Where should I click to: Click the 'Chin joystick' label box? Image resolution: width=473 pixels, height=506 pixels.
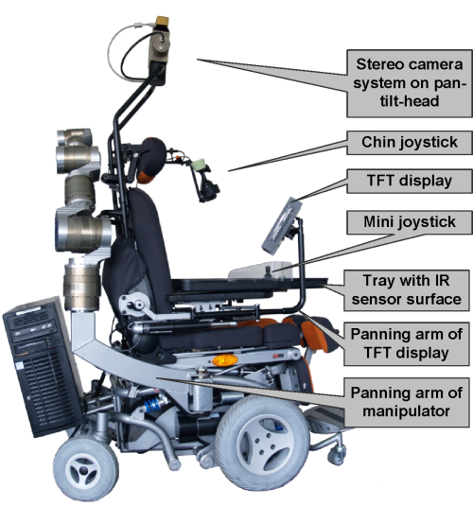click(410, 142)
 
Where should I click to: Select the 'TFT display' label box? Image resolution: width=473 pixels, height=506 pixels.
click(410, 181)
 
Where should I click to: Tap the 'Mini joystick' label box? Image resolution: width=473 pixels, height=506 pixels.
click(410, 222)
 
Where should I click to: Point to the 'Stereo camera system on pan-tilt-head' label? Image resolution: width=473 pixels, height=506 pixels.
click(410, 83)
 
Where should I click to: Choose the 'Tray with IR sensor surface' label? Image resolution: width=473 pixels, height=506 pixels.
click(406, 290)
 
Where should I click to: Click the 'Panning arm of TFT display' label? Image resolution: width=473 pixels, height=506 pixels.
click(406, 343)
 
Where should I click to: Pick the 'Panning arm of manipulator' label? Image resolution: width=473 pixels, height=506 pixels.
click(406, 402)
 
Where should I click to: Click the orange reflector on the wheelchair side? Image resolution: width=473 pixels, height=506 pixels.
click(225, 360)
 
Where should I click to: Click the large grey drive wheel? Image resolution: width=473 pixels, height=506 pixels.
click(262, 445)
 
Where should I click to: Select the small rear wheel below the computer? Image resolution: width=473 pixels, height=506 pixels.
click(85, 468)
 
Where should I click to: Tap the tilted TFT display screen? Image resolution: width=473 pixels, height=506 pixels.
click(281, 224)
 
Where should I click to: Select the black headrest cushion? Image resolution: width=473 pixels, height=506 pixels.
click(152, 158)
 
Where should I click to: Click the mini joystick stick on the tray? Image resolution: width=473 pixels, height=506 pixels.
click(268, 270)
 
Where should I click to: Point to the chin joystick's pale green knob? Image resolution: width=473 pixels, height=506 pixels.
click(198, 165)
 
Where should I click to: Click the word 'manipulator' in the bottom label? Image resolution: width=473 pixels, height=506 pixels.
click(406, 411)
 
